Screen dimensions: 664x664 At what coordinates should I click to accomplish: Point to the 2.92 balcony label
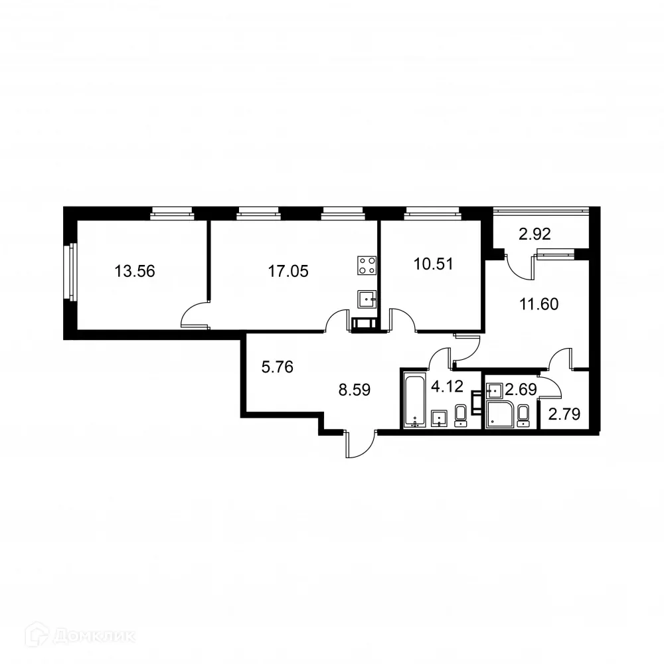pyautogui.click(x=535, y=234)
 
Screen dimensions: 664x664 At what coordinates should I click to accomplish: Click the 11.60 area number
pyautogui.click(x=539, y=305)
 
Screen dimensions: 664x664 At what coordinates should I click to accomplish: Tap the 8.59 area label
pyautogui.click(x=354, y=390)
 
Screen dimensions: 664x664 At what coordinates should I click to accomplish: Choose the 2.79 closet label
pyautogui.click(x=564, y=416)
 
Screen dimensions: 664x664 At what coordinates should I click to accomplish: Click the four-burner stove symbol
pyautogui.click(x=367, y=266)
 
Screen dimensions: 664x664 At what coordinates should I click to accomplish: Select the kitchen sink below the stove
pyautogui.click(x=367, y=300)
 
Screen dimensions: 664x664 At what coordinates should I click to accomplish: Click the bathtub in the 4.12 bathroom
pyautogui.click(x=414, y=401)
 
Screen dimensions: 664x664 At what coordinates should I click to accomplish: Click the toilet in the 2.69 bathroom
pyautogui.click(x=523, y=415)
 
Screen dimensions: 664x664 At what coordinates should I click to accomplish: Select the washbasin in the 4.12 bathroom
pyautogui.click(x=439, y=418)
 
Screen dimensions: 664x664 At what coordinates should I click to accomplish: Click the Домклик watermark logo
pyautogui.click(x=73, y=636)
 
